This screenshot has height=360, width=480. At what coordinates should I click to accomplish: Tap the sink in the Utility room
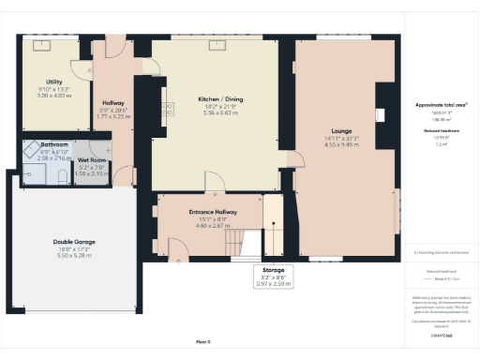(43, 44)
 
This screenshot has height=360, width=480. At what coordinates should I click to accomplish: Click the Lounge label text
(340, 131)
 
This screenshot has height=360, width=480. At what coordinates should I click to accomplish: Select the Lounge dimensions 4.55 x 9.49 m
(340, 145)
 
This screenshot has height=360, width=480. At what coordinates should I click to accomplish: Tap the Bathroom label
(52, 144)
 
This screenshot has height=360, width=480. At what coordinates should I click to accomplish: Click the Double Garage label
(73, 241)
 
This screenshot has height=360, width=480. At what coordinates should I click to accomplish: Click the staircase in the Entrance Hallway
(246, 242)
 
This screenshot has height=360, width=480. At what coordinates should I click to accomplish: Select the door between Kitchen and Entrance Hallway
(215, 183)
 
